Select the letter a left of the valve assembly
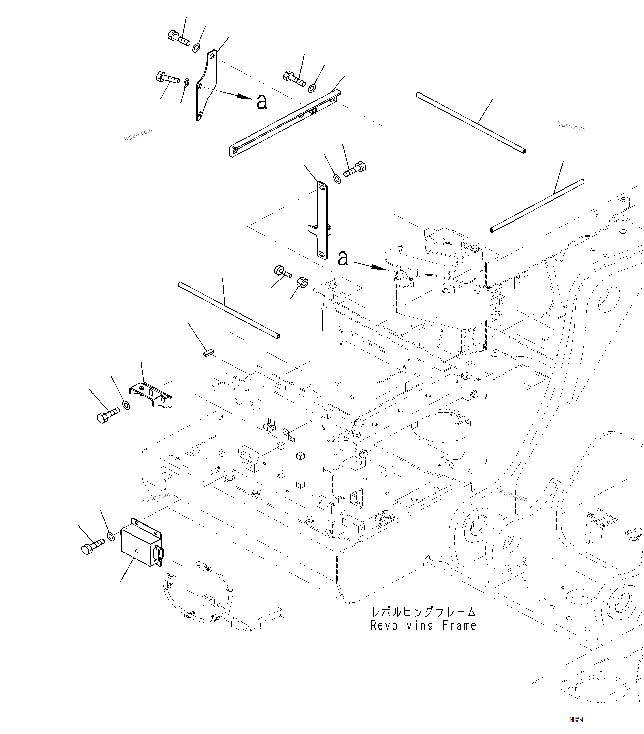tap(343, 258)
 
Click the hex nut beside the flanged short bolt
tap(302, 282)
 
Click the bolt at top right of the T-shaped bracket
tap(355, 169)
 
